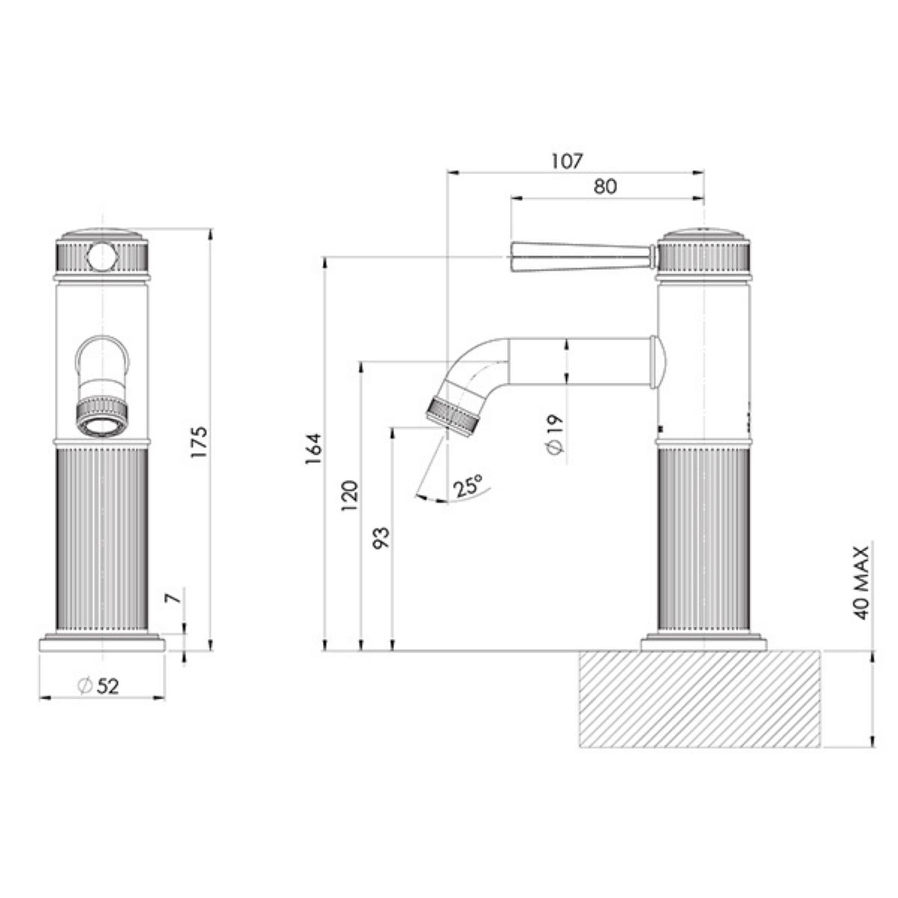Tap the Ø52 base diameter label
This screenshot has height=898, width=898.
coord(99,686)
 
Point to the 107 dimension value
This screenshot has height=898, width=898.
coord(567,161)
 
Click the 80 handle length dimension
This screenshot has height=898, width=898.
coord(605,186)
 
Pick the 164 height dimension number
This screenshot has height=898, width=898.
coord(313,448)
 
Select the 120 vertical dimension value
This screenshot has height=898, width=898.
coord(349,495)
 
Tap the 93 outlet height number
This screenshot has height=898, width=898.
coord(381,538)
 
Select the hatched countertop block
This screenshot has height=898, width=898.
coord(699,699)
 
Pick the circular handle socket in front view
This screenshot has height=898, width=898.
coord(102,255)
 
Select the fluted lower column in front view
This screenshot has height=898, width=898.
coord(102,539)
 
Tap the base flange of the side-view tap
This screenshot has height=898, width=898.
coord(704,643)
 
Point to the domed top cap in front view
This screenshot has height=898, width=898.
coord(102,234)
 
